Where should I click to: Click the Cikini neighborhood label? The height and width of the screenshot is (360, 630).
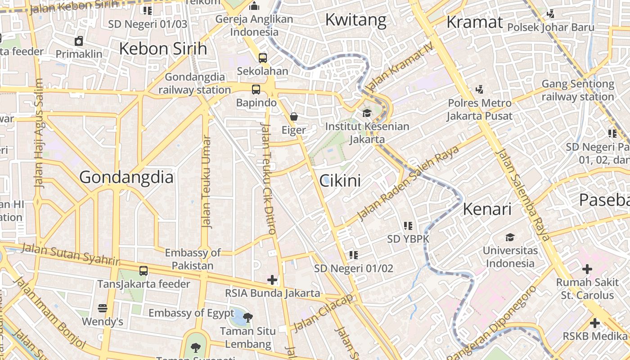point(340,181)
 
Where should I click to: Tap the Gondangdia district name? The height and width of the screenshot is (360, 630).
point(126,177)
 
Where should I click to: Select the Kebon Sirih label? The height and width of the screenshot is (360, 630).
point(163,49)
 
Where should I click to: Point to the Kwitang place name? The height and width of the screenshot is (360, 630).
point(355,20)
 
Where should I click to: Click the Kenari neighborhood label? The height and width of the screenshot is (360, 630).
point(487,209)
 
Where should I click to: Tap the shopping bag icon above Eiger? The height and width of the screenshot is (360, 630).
point(294,117)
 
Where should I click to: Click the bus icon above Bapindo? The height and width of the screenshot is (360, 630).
point(256,89)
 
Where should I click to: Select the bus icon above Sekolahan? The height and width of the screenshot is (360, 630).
point(262,58)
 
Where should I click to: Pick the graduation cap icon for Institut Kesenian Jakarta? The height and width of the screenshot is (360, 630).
point(367,113)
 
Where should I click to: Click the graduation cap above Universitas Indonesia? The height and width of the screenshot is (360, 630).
point(510,237)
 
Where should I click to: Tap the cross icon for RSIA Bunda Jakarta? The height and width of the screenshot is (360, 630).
point(272,280)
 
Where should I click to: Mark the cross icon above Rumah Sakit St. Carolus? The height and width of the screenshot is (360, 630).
point(587,269)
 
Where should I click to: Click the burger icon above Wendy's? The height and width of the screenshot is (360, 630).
point(103,308)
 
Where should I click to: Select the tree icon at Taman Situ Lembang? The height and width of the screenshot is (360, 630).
point(247,318)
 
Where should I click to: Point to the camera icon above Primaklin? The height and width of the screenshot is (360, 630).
point(79,41)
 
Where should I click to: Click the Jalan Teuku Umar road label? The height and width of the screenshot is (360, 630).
point(206,182)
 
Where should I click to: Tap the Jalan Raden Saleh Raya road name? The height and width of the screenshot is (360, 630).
point(408,183)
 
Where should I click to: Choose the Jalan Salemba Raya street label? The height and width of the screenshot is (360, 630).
point(523,195)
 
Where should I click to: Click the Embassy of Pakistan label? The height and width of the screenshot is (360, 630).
point(193,259)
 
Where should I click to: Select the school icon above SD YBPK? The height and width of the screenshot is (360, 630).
point(408,225)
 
